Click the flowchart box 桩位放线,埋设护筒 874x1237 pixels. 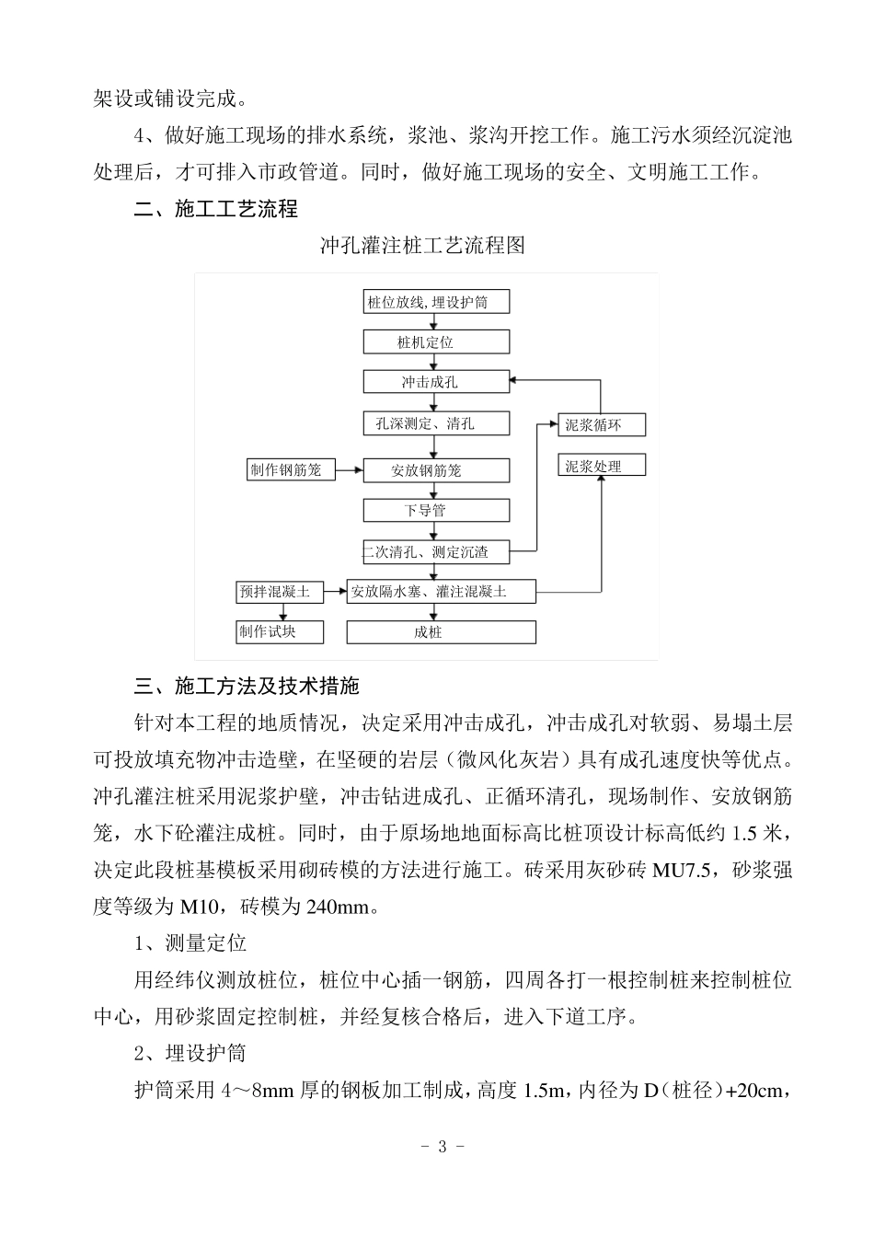click(436, 302)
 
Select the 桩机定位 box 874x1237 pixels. click(436, 342)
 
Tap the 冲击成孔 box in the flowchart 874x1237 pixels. click(436, 382)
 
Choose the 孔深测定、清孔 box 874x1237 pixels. click(436, 423)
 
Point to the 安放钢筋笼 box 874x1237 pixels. click(436, 470)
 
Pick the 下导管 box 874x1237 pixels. click(436, 510)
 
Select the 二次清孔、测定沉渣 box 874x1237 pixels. click(436, 552)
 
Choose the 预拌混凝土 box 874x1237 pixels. click(280, 592)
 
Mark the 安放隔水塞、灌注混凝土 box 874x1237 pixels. click(441, 592)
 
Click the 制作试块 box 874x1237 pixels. click(280, 631)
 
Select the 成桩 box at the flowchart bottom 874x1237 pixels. click(441, 632)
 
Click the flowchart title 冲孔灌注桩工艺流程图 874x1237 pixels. click(422, 246)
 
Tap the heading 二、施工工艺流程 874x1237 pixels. click(216, 209)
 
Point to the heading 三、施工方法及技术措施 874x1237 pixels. click(247, 686)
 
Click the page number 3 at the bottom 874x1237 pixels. click(442, 1147)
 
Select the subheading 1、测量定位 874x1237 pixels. click(190, 943)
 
